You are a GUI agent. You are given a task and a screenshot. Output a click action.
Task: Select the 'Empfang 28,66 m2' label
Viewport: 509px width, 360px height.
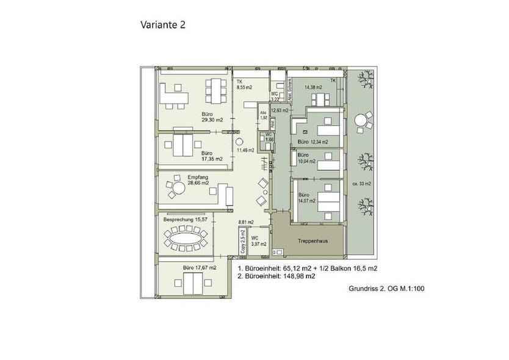198,180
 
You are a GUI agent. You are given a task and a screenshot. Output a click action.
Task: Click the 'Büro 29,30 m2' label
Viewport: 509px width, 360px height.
212,117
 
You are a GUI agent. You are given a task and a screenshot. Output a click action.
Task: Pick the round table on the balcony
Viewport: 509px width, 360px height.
361,120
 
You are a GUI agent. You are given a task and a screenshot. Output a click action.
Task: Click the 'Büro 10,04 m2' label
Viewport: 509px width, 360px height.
306,159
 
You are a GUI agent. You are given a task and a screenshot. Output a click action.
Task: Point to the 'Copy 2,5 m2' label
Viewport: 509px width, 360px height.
242,240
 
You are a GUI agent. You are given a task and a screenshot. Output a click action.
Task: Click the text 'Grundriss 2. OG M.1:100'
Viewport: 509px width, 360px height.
385,289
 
